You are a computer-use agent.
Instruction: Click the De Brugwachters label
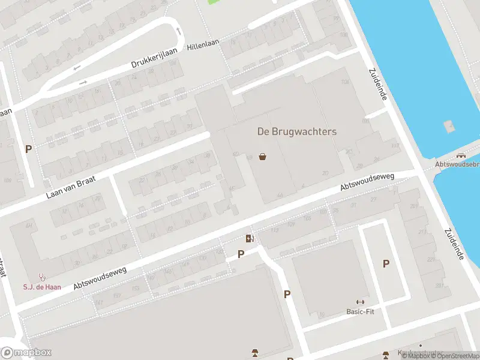pos(297,131)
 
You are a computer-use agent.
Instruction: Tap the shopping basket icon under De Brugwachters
pos(262,157)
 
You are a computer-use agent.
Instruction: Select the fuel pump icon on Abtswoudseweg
pos(250,238)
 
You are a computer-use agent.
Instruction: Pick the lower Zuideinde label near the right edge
pos(455,244)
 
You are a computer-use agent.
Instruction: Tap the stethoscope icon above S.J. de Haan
pos(42,277)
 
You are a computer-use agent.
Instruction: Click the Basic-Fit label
pos(360,311)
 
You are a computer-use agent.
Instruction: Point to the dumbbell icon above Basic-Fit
pos(360,302)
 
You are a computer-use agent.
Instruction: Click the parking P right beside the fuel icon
pos(241,254)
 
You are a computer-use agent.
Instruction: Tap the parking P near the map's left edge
pos(28,149)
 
